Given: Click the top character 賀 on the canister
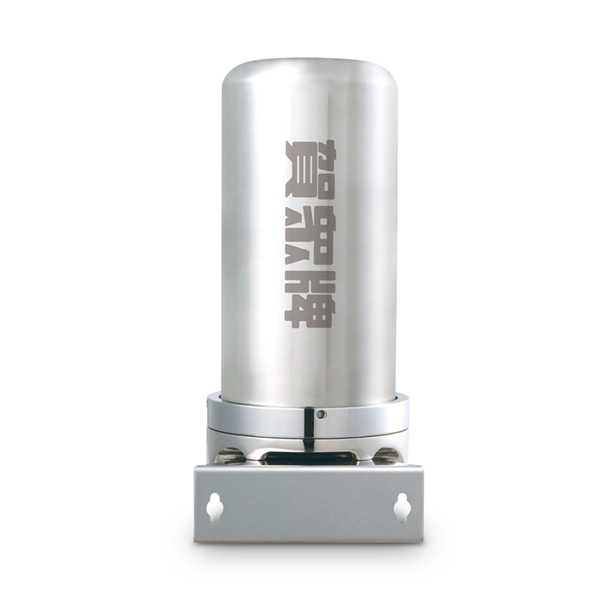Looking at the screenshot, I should (x=308, y=169).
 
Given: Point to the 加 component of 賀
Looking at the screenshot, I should (x=308, y=152).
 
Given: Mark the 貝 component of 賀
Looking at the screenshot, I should (x=308, y=182).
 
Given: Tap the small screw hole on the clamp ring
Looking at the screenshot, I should (x=322, y=414).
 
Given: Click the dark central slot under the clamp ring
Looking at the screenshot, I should (x=308, y=458).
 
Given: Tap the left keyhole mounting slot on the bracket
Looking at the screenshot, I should (x=214, y=508).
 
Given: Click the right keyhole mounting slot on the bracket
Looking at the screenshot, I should (x=401, y=508).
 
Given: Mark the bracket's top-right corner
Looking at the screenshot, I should (x=422, y=467).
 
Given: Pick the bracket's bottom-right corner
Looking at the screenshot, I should (x=422, y=540).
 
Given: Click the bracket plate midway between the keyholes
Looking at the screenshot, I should (x=308, y=508).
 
